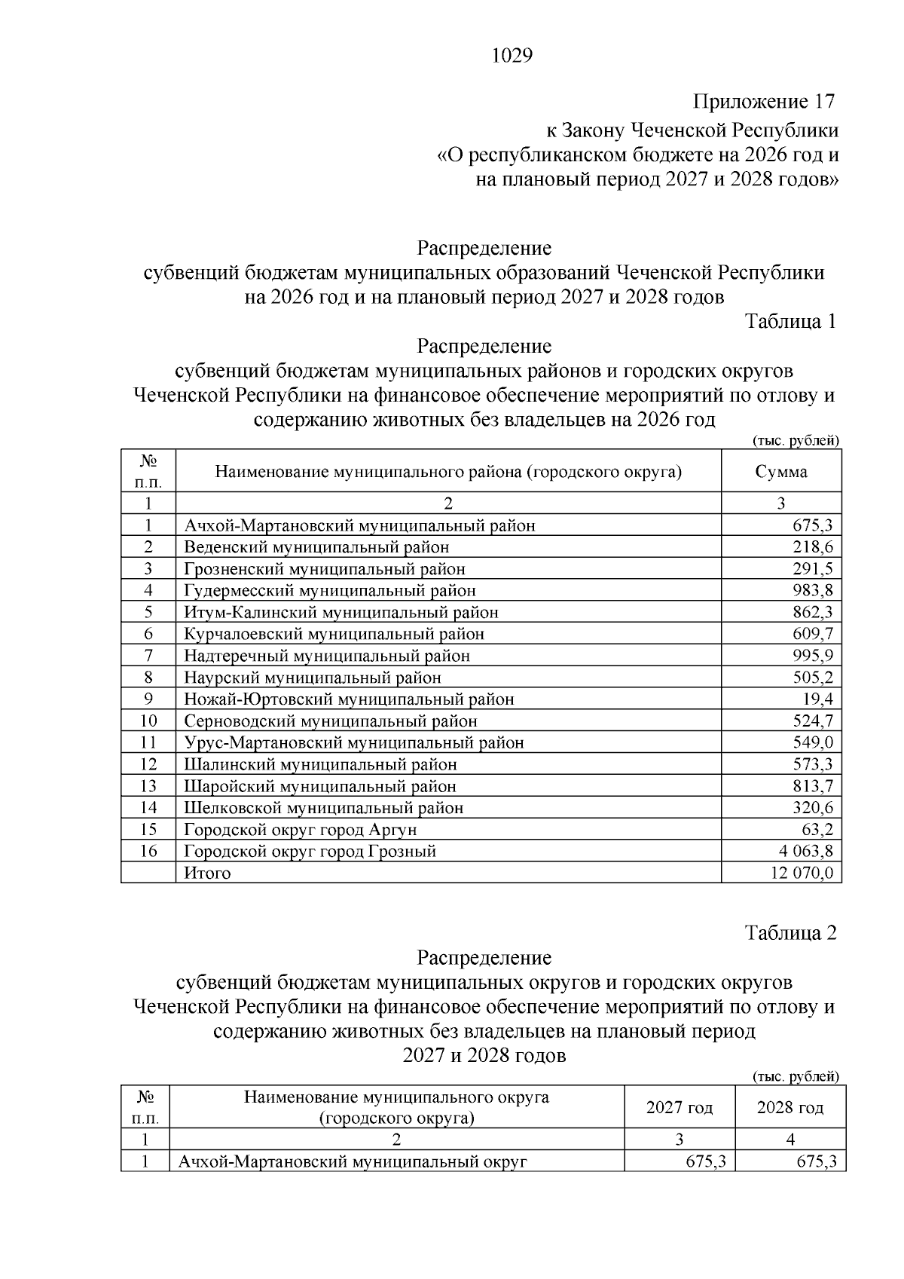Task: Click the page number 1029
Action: pos(512,56)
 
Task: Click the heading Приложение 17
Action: pos(764,102)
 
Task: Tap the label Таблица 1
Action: pos(790,322)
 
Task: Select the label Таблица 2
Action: pos(790,933)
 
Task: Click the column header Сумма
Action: pos(781,472)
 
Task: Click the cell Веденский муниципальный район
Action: pos(316,547)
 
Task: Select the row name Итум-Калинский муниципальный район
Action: pos(341,612)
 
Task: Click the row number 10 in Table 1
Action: pos(148,721)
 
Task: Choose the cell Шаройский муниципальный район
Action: pos(320,786)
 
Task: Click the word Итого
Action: pos(207,874)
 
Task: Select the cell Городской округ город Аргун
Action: pos(301,830)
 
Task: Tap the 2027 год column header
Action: pos(680,1108)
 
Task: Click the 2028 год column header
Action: pos(790,1108)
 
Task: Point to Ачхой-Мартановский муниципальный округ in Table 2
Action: pos(352,1162)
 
